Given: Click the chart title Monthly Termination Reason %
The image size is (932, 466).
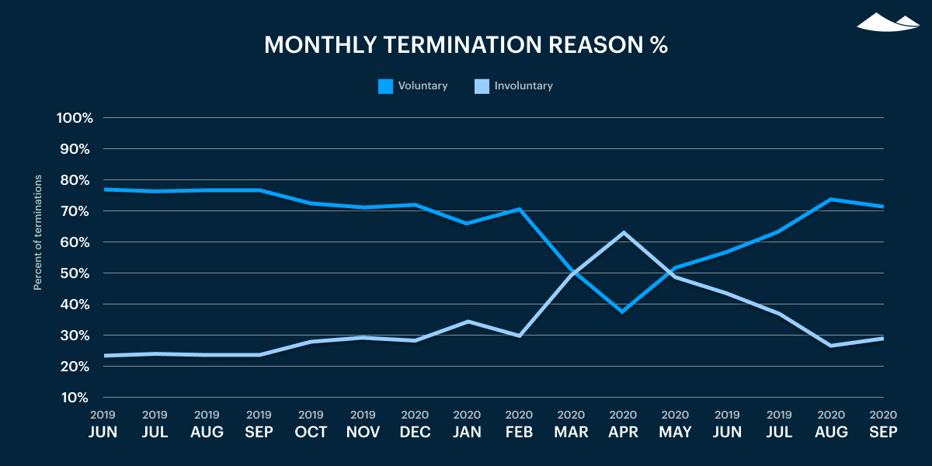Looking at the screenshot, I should point(466,45).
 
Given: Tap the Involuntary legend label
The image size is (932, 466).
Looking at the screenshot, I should point(523,86).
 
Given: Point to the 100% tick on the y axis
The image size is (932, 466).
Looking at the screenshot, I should point(75,118).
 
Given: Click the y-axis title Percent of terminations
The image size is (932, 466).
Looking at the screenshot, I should point(37,233).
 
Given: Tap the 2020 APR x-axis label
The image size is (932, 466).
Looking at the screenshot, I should point(623,425).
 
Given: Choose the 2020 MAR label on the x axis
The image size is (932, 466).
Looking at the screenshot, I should point(571,425).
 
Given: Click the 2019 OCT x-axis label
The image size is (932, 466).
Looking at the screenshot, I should point(311,425).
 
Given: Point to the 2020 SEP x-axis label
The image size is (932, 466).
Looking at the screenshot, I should point(883,425).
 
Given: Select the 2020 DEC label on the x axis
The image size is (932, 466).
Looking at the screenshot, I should point(415,425).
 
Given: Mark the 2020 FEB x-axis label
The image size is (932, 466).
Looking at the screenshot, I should point(519,425).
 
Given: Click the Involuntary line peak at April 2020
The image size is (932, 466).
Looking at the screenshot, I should point(623,232).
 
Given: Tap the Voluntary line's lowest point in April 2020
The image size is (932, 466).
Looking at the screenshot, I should point(623,311).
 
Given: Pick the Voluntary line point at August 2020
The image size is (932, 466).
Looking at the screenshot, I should point(831,199).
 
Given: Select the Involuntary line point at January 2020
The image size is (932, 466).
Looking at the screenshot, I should point(467,321).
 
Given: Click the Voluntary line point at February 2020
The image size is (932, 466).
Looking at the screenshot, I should point(519,209).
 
